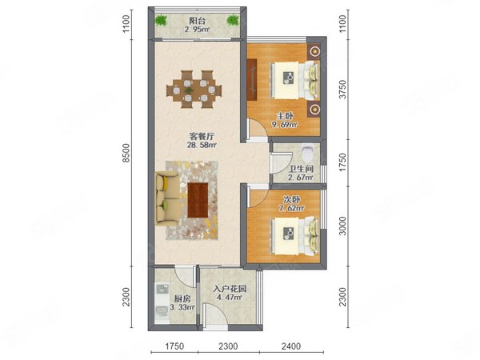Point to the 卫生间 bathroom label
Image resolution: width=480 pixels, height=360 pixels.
point(301,169)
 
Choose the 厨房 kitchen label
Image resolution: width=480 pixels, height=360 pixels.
point(181,298)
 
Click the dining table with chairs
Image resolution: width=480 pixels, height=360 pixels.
point(193,88)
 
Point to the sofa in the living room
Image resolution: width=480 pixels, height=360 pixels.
point(164,198)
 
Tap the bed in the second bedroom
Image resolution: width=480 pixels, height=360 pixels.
point(296,234)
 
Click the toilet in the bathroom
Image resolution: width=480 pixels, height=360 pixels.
point(310,153)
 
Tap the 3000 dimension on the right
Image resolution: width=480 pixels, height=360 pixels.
point(344,225)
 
